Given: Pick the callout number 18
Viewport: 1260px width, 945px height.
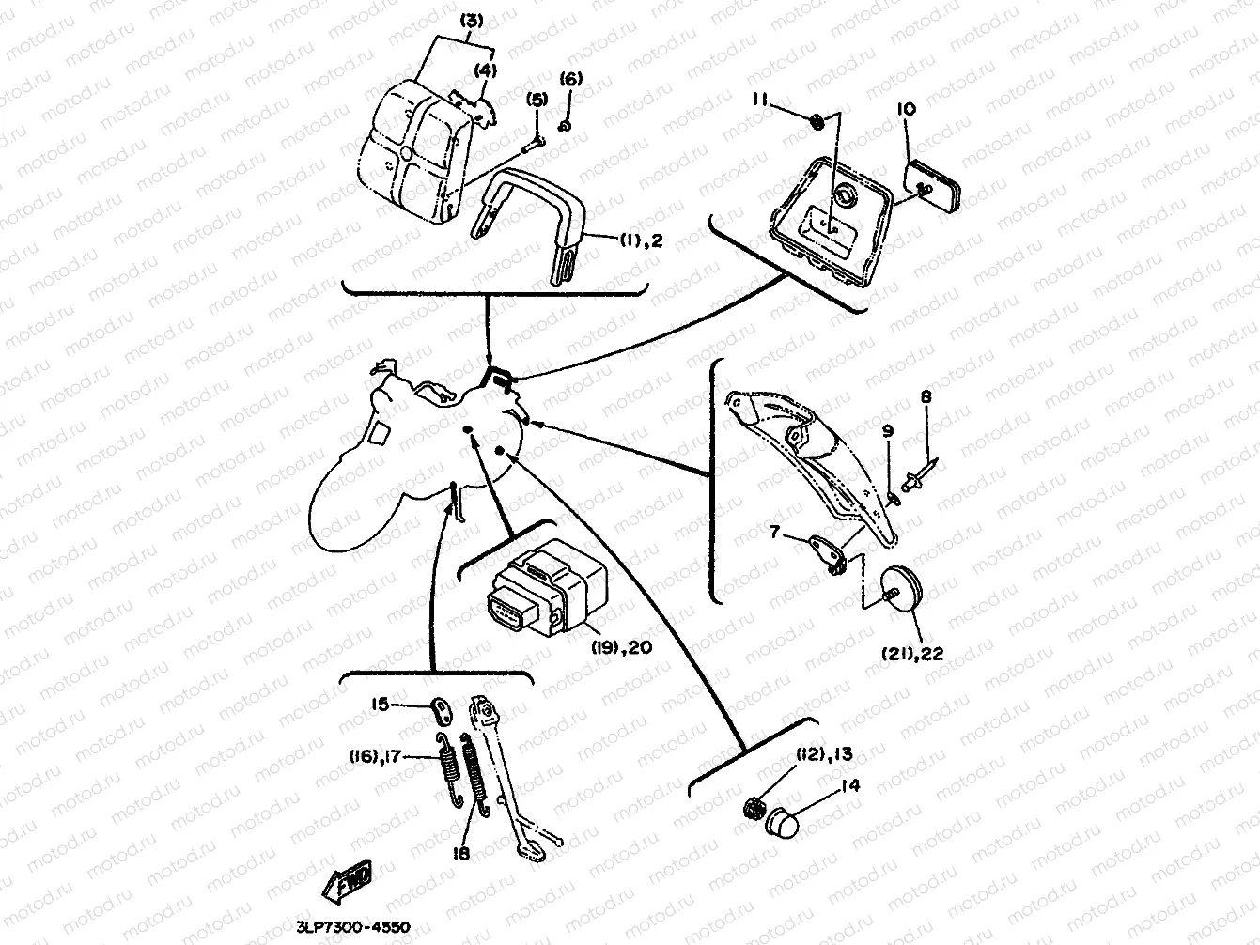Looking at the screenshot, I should [459, 853].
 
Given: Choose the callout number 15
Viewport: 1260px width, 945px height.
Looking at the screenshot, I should [379, 703].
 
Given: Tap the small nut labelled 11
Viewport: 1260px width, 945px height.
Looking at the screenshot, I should [817, 119].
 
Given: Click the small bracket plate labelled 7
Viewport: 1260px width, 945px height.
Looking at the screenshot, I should [825, 551].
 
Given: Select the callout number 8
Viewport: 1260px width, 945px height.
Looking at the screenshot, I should [926, 398].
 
